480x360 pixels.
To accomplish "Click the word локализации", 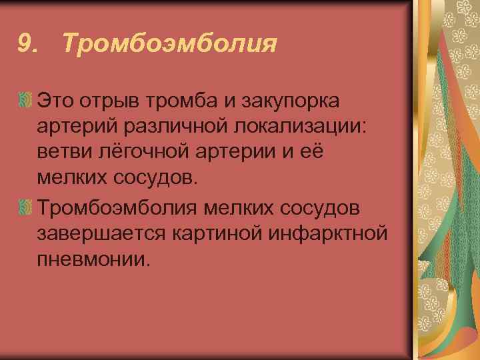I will pos(301,127).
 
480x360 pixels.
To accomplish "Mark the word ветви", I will pos(61,151).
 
